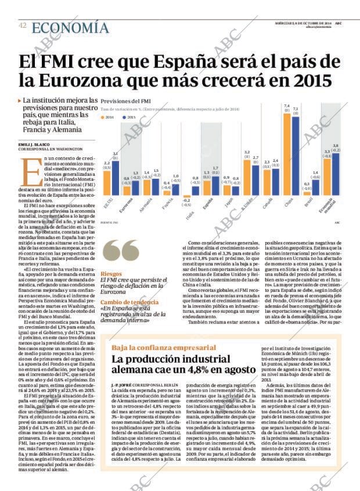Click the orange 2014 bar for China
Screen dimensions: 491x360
[x=286, y=153]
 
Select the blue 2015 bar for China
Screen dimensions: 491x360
[x=296, y=154]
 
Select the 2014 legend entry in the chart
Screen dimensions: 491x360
[x=108, y=117]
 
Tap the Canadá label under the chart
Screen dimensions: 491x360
[x=267, y=204]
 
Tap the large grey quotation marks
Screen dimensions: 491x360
[x=120, y=251]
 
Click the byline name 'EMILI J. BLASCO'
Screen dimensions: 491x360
[x=34, y=144]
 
